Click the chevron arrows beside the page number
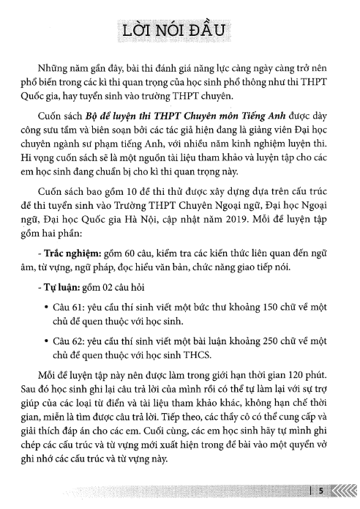click(x=344, y=491)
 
